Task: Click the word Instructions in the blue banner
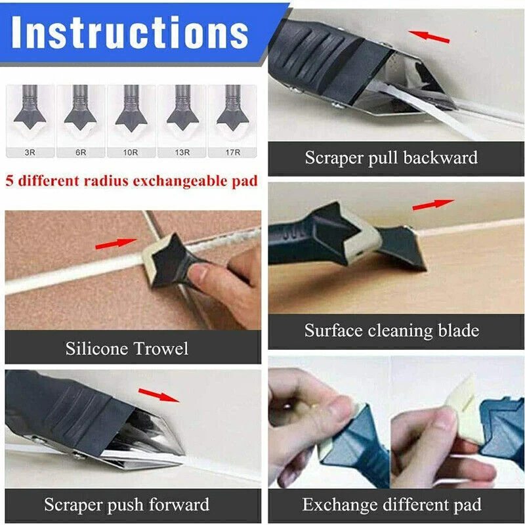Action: pyautogui.click(x=130, y=32)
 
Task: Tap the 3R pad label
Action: pyautogui.click(x=30, y=152)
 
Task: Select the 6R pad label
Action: pyautogui.click(x=81, y=152)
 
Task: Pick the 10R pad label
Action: pyautogui.click(x=131, y=152)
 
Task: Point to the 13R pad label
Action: pyautogui.click(x=182, y=152)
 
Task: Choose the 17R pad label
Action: pyautogui.click(x=233, y=152)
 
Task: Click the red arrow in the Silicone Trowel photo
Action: pyautogui.click(x=116, y=243)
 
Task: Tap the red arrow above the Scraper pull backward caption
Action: pyautogui.click(x=429, y=37)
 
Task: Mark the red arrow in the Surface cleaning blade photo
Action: pyautogui.click(x=433, y=205)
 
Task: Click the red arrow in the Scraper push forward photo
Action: pyautogui.click(x=159, y=395)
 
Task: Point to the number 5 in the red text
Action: pyautogui.click(x=10, y=181)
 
